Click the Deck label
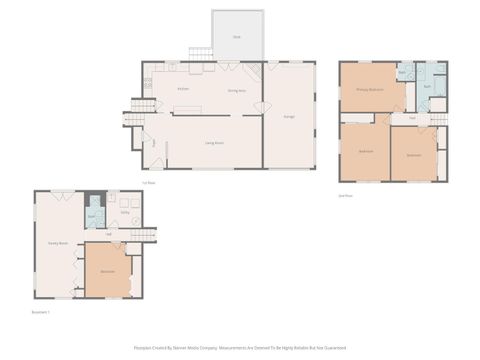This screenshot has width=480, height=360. click(237, 37)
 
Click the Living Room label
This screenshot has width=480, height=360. click(214, 144)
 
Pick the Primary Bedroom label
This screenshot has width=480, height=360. click(370, 90)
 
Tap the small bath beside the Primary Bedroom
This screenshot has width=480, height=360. click(404, 74)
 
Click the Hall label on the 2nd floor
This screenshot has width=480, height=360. click(412, 118)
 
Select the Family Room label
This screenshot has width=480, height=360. click(58, 243)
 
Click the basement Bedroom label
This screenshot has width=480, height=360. click(107, 271)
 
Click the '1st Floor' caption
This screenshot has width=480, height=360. click(149, 183)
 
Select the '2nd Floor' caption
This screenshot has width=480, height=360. click(347, 196)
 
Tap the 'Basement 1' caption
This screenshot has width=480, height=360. click(41, 312)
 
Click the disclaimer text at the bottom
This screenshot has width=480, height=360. click(240, 349)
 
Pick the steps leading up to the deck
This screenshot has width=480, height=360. click(200, 53)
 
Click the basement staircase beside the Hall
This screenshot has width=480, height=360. click(145, 235)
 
